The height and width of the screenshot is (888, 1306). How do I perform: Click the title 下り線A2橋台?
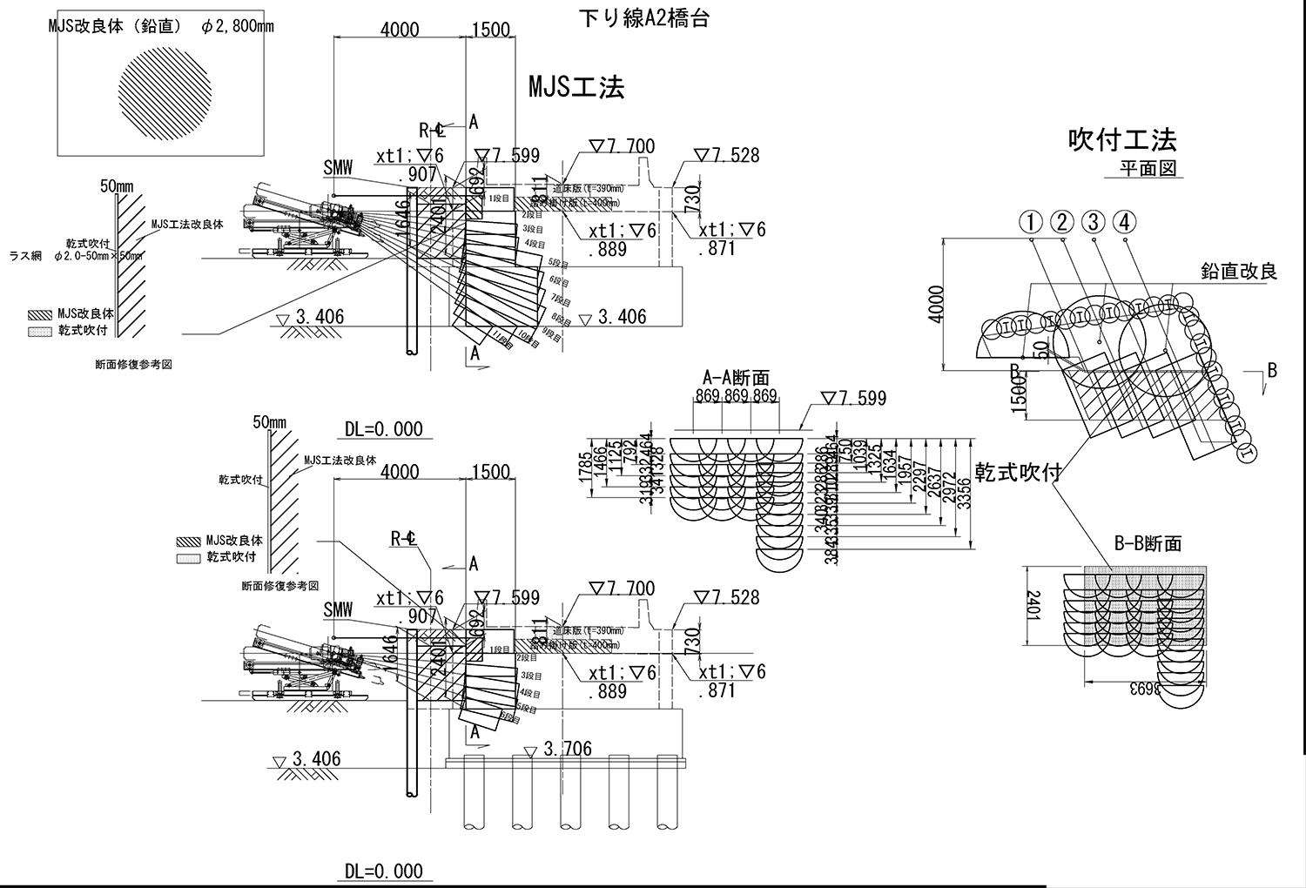643,18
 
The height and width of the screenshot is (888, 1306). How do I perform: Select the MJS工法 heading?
576,87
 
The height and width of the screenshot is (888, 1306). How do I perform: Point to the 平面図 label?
1148,168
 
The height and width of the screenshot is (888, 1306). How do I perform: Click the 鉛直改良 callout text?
1238,272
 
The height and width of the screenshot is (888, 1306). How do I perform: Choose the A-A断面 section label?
736,377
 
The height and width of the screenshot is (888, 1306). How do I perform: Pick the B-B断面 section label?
1148,544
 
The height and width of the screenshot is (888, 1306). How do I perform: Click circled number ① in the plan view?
1031,223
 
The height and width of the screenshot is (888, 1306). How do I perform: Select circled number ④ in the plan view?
1125,223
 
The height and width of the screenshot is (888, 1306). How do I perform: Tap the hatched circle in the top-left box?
163,94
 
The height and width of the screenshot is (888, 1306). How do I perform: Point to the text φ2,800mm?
237,26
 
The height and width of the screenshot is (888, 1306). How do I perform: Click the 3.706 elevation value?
567,749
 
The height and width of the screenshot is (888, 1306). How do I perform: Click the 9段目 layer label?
552,332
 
